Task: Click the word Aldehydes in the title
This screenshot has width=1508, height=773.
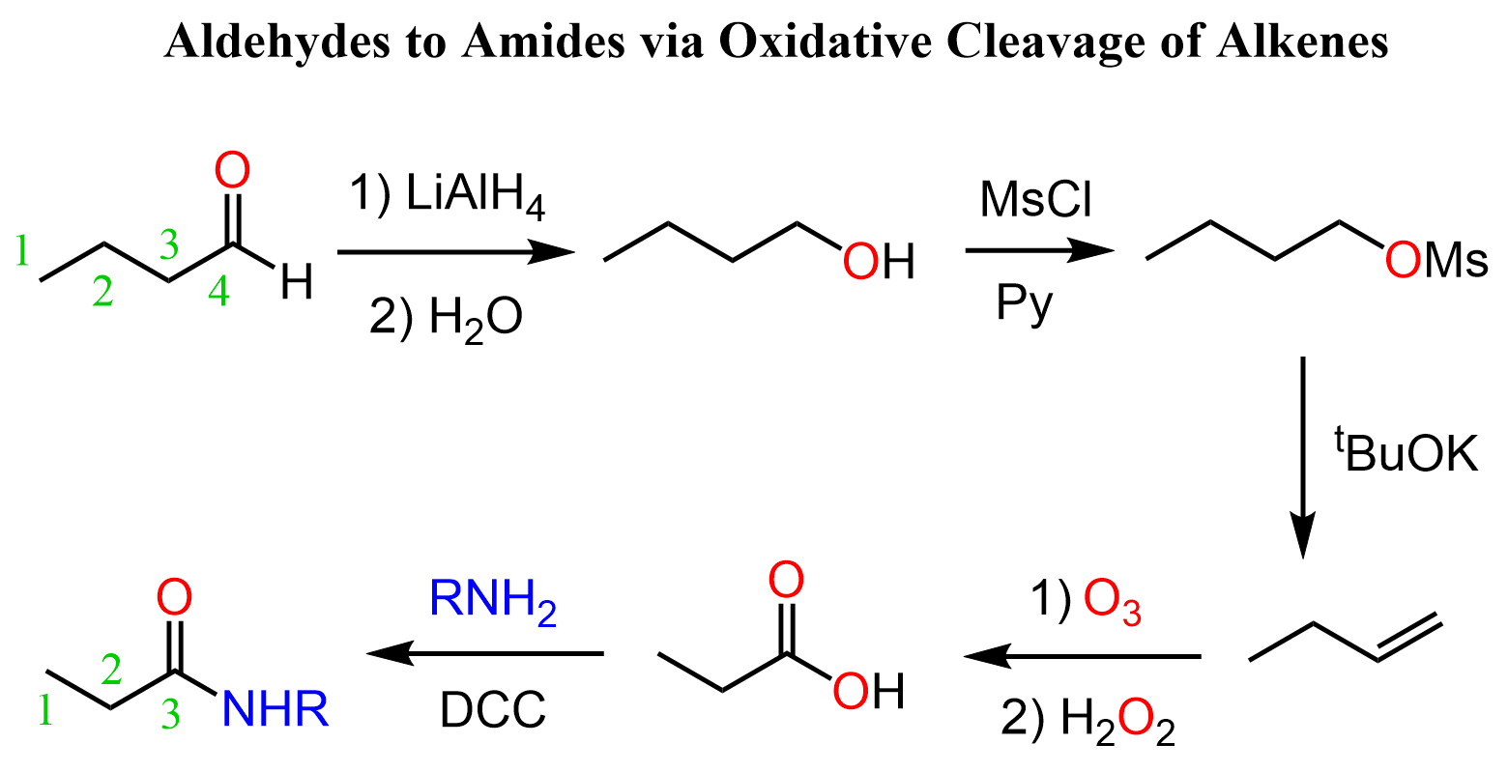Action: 277,42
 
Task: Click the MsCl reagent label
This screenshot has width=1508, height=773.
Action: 1035,200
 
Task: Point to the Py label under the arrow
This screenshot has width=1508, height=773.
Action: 1024,304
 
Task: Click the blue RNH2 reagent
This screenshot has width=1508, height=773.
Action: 492,600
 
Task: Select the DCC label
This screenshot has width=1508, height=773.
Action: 493,710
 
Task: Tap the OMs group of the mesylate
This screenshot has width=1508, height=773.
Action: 1435,261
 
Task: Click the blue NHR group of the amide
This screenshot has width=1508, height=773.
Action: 275,709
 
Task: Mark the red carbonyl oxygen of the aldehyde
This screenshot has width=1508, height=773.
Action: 232,170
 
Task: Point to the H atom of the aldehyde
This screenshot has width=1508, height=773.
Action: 297,282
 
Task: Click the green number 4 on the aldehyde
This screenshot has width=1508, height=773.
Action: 218,292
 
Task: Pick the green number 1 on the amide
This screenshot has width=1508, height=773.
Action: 45,710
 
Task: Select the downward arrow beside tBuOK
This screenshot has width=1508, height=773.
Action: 1303,458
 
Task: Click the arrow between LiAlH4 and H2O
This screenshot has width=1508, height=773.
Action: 455,252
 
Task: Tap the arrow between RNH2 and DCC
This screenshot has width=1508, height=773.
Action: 484,653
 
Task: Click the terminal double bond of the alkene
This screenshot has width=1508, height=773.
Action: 1409,637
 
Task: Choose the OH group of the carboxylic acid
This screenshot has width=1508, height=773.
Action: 868,692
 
